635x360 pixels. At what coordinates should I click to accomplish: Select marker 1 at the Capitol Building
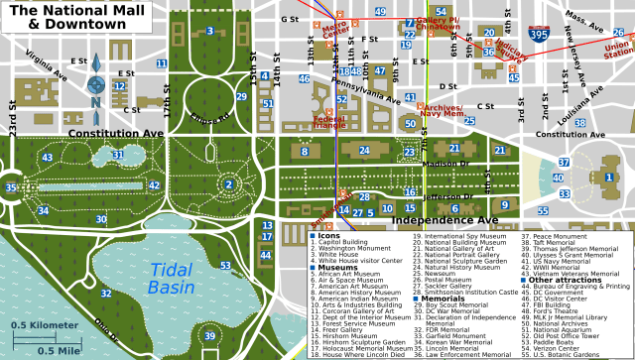point(608,178)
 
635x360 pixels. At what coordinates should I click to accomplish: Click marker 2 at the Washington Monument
point(228,183)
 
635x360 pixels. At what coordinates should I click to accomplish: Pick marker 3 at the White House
point(209,32)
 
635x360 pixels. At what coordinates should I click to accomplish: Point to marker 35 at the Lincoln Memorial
point(11,187)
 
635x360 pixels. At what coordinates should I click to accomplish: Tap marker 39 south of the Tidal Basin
point(209,336)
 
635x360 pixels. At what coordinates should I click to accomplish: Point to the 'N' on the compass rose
point(95,101)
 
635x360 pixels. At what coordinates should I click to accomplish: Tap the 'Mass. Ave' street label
point(583,15)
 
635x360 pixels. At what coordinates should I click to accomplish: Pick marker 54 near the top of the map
point(441,12)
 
